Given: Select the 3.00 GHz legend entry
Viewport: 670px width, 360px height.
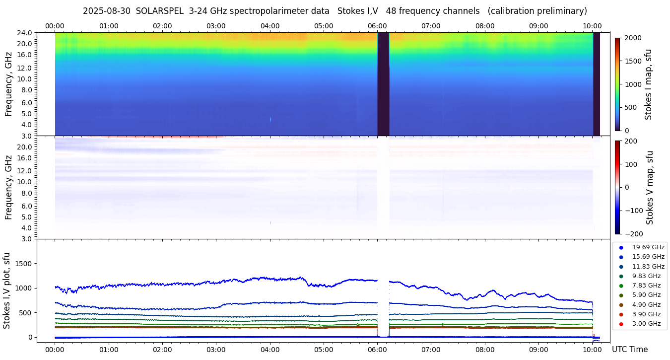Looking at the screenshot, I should click(x=646, y=324).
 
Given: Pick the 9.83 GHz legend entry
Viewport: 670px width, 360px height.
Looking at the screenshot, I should click(x=646, y=276).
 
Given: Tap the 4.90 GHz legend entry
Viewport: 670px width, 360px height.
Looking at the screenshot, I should click(x=646, y=305).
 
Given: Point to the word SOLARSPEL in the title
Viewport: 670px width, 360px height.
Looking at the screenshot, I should click(x=158, y=11).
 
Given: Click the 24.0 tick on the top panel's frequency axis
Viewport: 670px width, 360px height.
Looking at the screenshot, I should click(x=25, y=33).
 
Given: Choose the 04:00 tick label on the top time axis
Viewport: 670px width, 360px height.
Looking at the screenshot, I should click(x=270, y=26).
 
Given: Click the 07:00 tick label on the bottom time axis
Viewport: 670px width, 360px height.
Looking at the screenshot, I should click(x=431, y=349).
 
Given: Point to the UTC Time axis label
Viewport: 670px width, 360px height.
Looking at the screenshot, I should click(x=629, y=350).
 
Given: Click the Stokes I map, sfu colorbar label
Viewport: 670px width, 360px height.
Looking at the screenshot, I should click(x=648, y=84).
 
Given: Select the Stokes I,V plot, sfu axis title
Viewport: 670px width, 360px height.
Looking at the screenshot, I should click(x=7, y=290).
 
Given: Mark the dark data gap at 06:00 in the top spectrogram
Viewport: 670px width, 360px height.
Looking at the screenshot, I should click(x=383, y=84).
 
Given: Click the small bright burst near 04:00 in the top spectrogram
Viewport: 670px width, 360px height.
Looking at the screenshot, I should click(x=270, y=119).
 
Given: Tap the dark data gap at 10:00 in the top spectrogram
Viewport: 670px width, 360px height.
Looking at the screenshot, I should click(x=597, y=84).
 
